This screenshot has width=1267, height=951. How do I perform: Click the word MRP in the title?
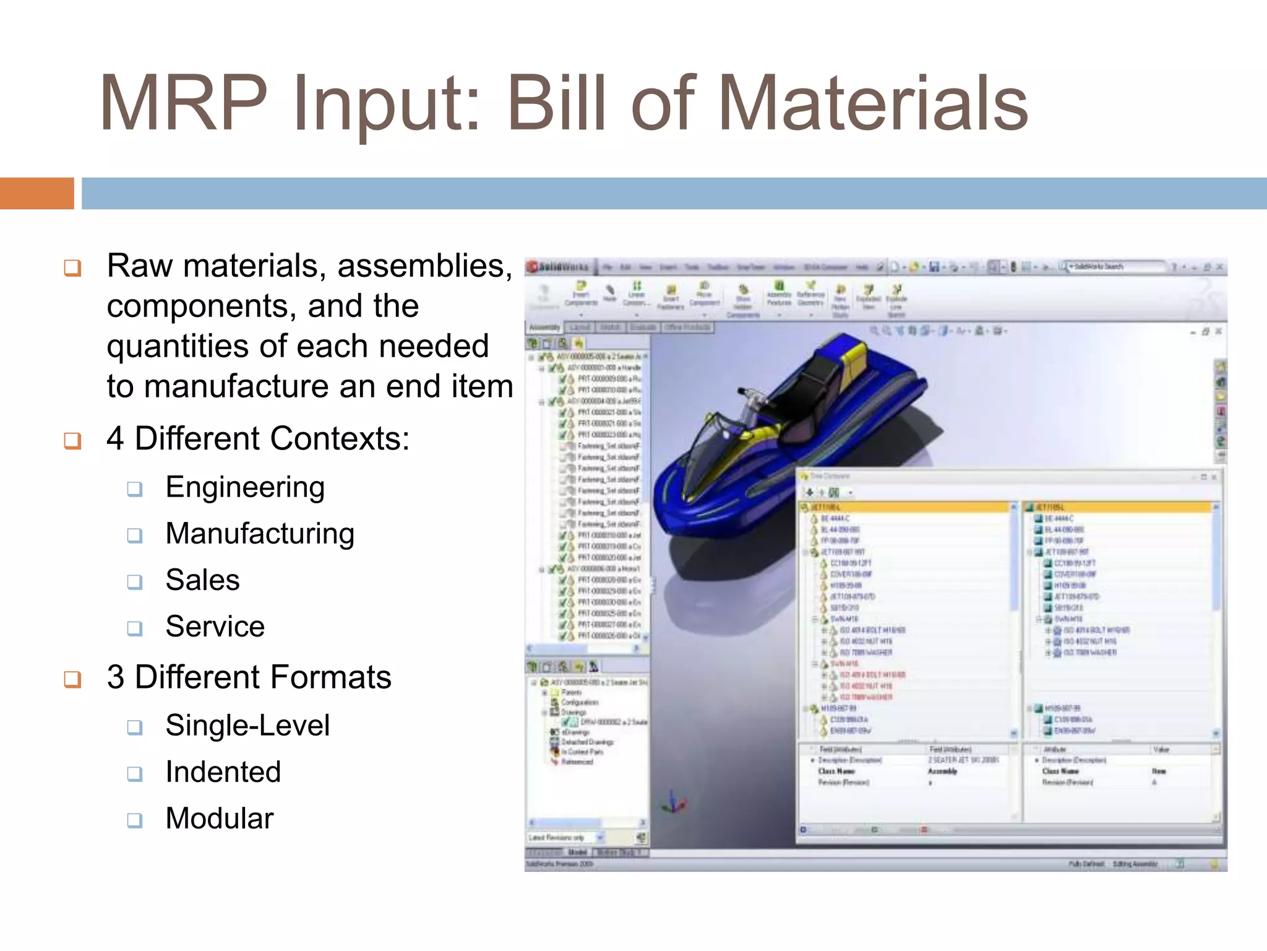(x=183, y=104)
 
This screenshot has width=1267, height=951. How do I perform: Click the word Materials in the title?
(x=872, y=104)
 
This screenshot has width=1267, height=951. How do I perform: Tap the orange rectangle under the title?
(x=37, y=193)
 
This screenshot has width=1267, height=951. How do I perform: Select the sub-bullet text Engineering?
(x=245, y=487)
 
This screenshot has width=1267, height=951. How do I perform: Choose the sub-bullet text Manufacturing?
(x=260, y=534)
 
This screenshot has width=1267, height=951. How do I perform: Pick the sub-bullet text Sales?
(x=202, y=580)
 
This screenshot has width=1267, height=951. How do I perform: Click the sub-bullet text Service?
(x=215, y=627)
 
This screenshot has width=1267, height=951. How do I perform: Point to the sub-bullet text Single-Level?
(x=247, y=726)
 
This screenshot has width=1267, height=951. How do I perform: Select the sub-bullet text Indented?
(x=223, y=772)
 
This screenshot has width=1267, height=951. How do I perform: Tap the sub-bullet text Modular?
(x=219, y=819)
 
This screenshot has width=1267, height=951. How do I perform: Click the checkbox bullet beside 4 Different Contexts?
(x=73, y=441)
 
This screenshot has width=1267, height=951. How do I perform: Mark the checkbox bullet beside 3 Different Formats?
(x=73, y=679)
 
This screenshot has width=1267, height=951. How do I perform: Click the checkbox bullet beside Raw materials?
(x=73, y=268)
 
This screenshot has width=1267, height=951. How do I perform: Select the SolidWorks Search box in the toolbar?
(x=1114, y=267)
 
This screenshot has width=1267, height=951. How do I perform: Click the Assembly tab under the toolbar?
(x=544, y=327)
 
